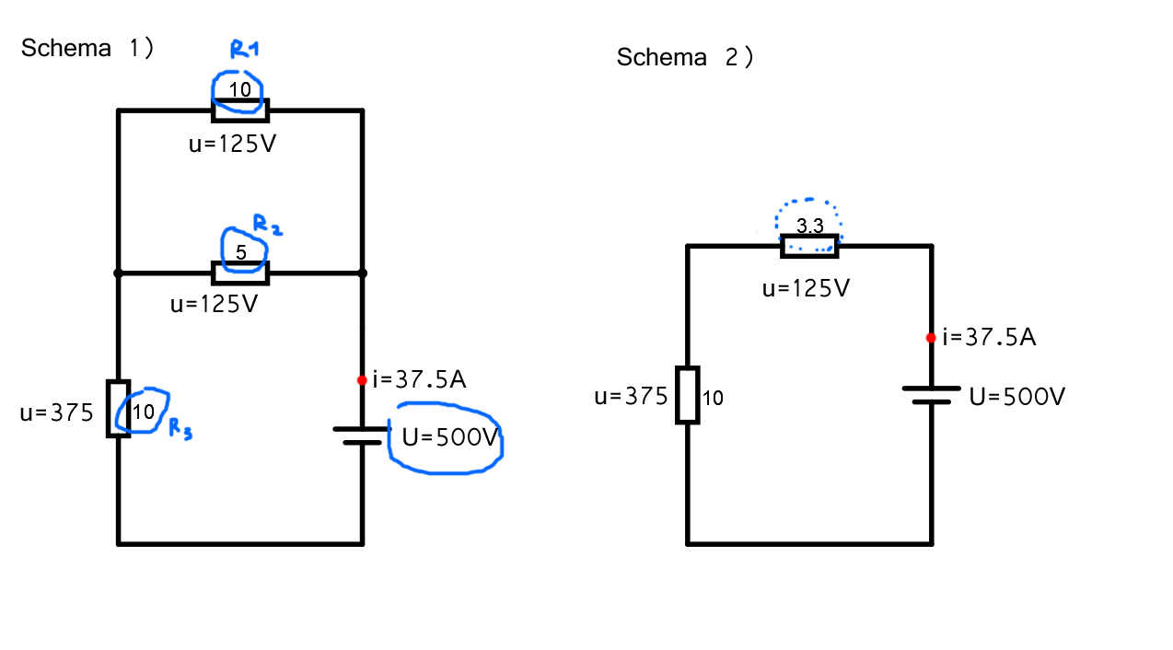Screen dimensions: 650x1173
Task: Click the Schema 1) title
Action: point(87,48)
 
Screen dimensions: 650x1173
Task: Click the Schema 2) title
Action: point(685,57)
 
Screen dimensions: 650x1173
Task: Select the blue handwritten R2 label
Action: point(268,224)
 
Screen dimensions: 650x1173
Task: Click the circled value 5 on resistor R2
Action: point(241,251)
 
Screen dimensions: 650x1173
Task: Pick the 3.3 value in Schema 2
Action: point(809,226)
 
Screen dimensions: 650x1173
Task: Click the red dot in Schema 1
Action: point(362,380)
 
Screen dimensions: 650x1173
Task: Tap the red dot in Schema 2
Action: point(931,338)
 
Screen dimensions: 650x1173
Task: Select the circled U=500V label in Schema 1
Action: point(449,437)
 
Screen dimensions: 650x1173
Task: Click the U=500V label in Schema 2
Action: point(1017,397)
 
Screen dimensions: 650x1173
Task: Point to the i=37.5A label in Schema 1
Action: point(419,379)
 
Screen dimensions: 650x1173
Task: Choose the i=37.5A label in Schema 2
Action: point(989,337)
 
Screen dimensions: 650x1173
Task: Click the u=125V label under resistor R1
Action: point(232,145)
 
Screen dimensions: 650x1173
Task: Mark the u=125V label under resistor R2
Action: point(214,304)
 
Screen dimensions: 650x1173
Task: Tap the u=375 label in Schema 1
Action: point(56,413)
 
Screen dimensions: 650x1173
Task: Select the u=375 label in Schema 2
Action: point(631,397)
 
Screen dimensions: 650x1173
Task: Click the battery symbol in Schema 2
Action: point(931,395)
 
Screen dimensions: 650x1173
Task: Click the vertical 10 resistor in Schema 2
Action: point(687,395)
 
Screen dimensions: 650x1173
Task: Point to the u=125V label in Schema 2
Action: point(806,289)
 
